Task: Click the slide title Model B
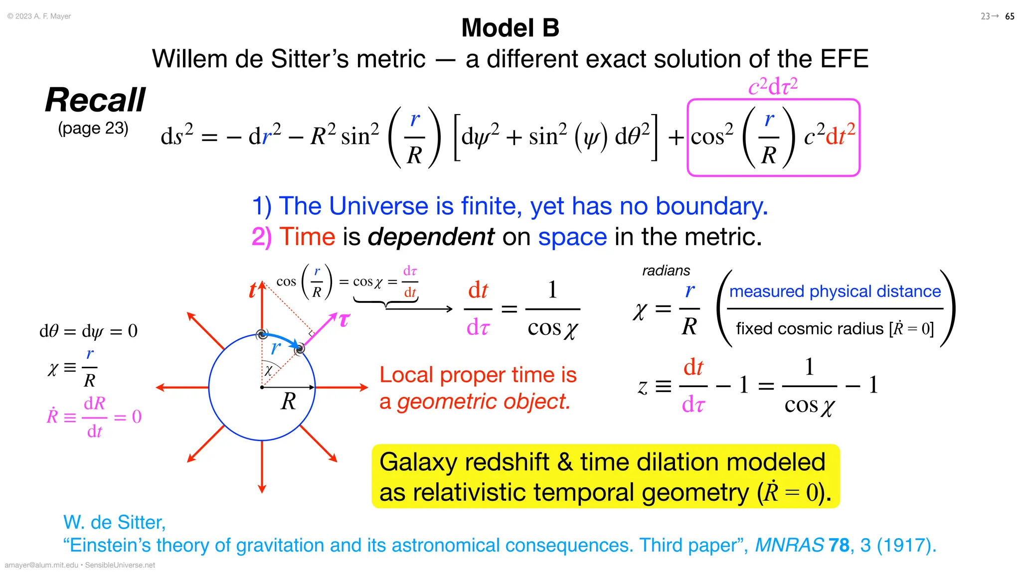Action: point(510,28)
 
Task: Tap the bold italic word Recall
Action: point(95,100)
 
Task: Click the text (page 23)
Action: point(93,129)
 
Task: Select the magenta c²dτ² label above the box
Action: point(773,86)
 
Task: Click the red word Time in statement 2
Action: point(307,237)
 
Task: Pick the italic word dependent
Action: point(431,237)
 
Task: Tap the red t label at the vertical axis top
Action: point(253,290)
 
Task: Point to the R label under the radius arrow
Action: point(289,402)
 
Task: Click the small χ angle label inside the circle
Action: point(268,370)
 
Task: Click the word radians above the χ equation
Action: point(666,271)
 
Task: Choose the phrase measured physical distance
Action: point(835,291)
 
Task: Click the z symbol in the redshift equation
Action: point(643,386)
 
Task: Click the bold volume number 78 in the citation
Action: point(839,546)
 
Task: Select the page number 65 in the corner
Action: point(1010,16)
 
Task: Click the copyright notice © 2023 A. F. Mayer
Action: point(39,16)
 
